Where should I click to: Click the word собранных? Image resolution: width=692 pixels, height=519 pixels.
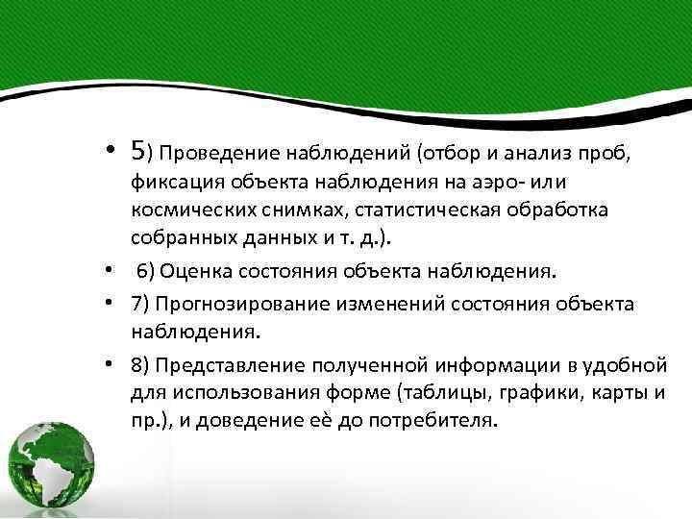coord(179,237)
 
